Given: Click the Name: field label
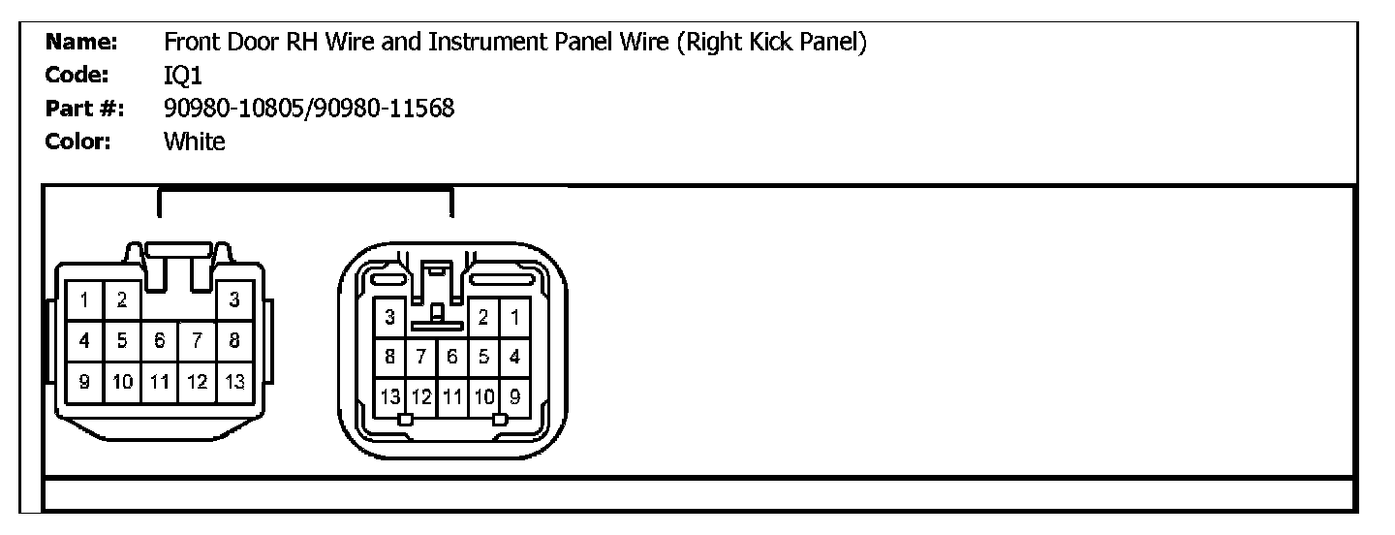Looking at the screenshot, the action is [x=81, y=43].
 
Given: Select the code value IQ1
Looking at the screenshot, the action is [x=183, y=76].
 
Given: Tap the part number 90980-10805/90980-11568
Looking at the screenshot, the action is [x=309, y=109].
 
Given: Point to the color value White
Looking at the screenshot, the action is [x=195, y=142].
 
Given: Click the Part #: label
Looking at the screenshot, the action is [x=85, y=109].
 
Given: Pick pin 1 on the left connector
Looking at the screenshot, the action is [x=84, y=300].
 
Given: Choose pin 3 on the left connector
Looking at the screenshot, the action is [x=234, y=300].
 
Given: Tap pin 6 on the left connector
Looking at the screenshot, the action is [x=160, y=341].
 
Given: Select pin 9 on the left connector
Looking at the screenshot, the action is [x=84, y=382].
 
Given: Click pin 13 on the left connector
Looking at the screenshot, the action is [x=234, y=382].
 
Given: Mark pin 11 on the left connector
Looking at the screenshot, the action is [x=160, y=382].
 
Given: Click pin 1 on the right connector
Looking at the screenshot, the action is [x=514, y=316].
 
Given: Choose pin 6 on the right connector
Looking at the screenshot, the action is [x=452, y=356].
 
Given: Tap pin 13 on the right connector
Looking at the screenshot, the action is [x=390, y=396].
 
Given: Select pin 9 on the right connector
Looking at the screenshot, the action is [x=514, y=396].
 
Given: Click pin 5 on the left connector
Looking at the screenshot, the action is [x=122, y=341].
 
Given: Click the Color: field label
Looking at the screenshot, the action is [x=78, y=142].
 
